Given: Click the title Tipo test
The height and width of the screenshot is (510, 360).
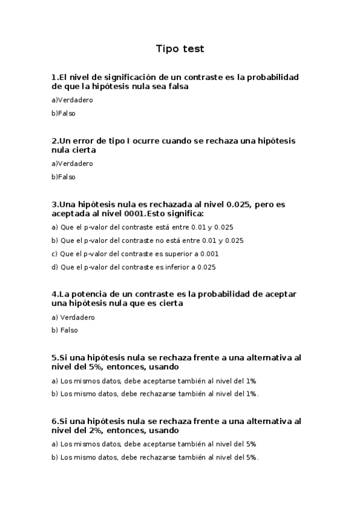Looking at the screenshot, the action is click(x=180, y=49).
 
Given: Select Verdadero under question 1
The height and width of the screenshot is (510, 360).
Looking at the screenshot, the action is click(x=72, y=100).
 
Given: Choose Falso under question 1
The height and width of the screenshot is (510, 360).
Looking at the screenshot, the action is click(x=64, y=113).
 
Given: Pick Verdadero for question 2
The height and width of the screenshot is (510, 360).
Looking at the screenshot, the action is click(x=72, y=164).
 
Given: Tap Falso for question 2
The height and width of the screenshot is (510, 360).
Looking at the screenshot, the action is click(x=64, y=177).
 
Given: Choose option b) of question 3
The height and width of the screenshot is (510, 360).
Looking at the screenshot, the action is click(x=147, y=241).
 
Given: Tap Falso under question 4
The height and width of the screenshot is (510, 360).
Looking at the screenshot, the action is click(x=65, y=330).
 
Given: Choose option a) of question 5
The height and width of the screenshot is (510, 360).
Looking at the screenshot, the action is click(x=154, y=381).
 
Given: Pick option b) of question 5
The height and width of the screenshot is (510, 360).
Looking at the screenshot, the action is click(x=155, y=394).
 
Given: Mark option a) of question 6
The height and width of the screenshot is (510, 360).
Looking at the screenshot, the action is click(x=154, y=444).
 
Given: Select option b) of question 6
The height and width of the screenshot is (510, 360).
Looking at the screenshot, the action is click(x=155, y=457).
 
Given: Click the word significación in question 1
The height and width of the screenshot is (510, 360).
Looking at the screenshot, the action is click(x=123, y=78).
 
